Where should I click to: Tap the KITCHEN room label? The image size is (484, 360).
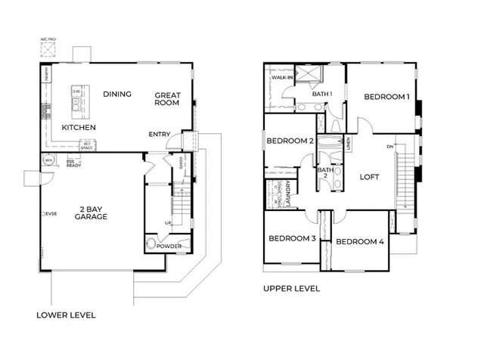point(79,128)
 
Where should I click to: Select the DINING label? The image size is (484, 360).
point(118,95)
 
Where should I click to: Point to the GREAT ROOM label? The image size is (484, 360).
point(166,100)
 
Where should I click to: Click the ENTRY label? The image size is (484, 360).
point(160,135)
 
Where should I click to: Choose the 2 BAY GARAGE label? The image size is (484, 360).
point(91,211)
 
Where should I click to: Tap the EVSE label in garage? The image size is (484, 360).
point(51,214)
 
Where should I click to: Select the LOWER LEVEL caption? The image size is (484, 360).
point(66,314)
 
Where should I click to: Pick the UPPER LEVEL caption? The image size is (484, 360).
point(291,288)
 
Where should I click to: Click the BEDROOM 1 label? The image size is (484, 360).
point(386,97)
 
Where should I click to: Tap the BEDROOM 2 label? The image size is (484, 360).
point(290,141)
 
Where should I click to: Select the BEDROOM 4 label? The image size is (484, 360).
point(360,242)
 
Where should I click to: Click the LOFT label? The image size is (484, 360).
point(369,178)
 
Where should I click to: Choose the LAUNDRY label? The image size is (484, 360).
point(291,194)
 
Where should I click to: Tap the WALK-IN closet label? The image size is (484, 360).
point(283,78)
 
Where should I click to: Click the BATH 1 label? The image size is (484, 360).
point(323,94)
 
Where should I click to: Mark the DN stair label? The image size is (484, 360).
point(389,146)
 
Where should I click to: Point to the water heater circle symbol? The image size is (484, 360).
point(48,160)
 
